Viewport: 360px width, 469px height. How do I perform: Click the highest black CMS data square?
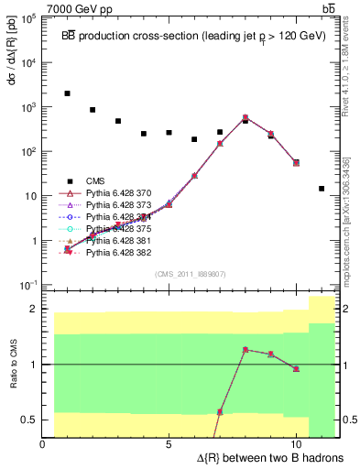tap(68, 93)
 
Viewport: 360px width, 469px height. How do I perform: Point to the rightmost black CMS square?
tap(322, 189)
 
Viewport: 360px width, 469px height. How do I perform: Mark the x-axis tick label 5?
tap(169, 444)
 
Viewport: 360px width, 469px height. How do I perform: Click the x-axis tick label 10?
tap(296, 444)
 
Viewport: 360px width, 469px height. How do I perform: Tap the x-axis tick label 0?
tap(43, 444)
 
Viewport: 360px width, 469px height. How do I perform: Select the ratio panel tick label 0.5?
tap(27, 420)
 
